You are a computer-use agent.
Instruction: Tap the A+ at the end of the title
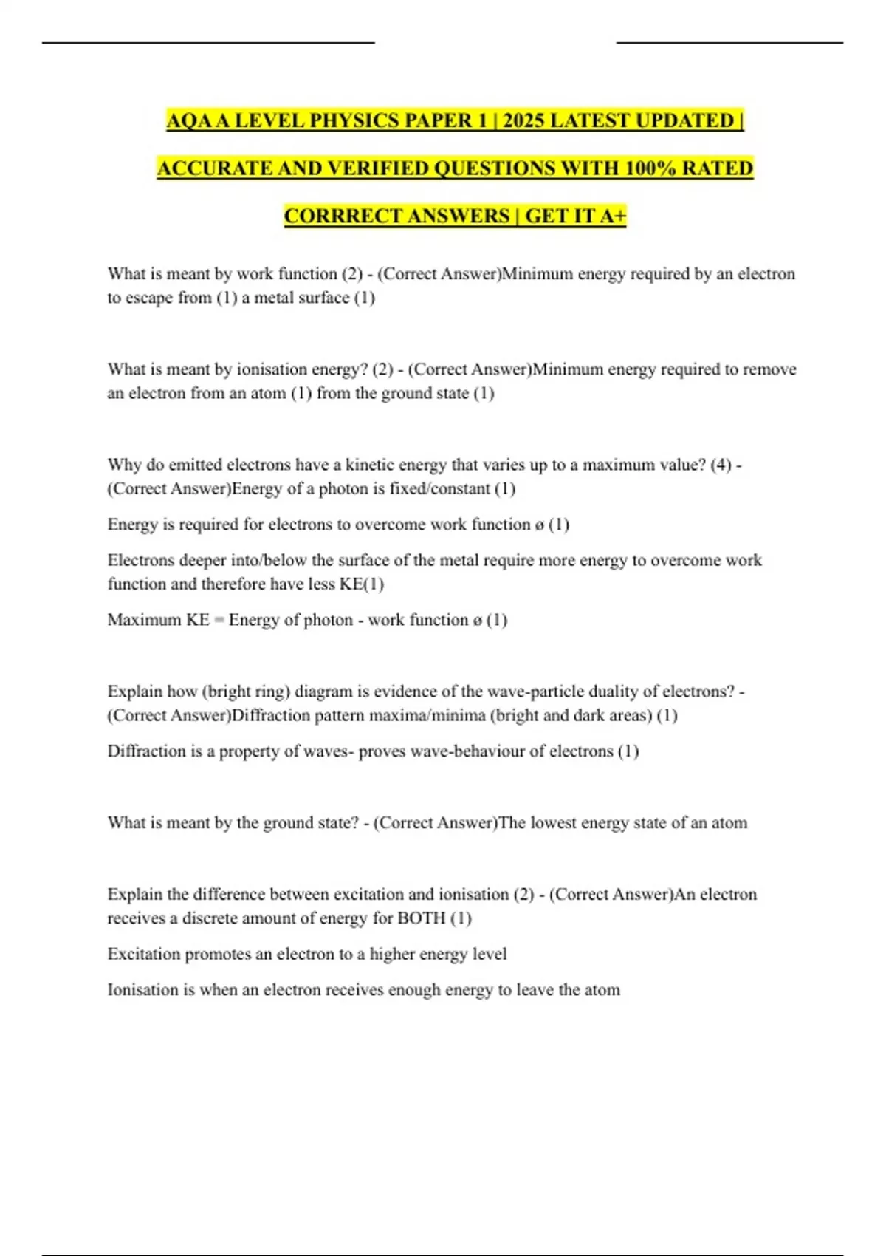point(613,216)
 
